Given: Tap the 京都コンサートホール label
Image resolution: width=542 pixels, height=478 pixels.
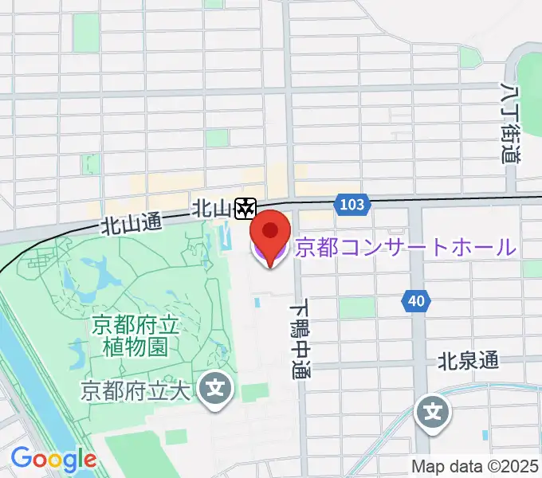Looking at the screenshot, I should [x=406, y=247].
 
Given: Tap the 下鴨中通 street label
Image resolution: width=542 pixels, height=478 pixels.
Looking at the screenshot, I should [x=300, y=339].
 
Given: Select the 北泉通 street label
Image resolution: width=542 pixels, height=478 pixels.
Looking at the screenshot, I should [x=469, y=361].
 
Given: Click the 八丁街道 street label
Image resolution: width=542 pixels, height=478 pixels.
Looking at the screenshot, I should [x=511, y=123].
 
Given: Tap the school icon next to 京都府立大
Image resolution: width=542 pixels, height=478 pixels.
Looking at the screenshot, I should [x=214, y=389].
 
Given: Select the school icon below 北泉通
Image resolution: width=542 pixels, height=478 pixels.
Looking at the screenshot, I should [x=433, y=412].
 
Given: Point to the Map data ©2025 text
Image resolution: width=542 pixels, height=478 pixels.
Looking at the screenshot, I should [x=476, y=466].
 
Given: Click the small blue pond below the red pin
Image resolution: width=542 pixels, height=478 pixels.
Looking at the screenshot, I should [x=258, y=303].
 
